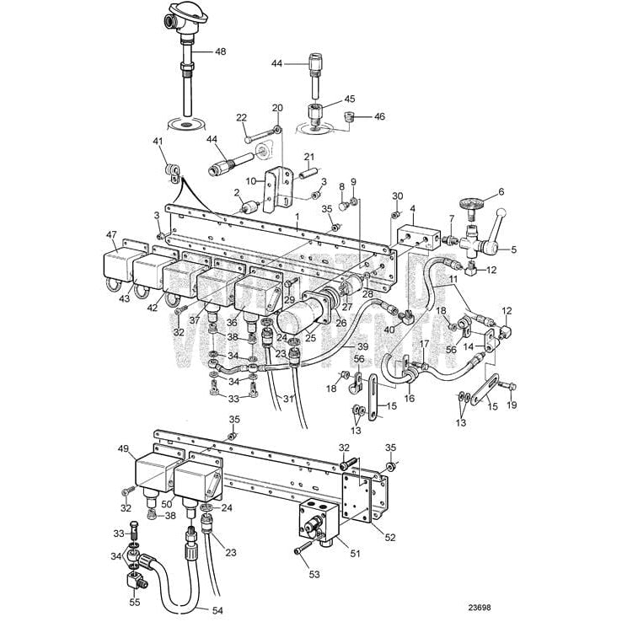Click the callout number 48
220,51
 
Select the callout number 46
379,116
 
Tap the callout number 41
156,142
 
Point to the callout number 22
241,118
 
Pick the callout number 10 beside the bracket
249,180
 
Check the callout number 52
389,537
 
